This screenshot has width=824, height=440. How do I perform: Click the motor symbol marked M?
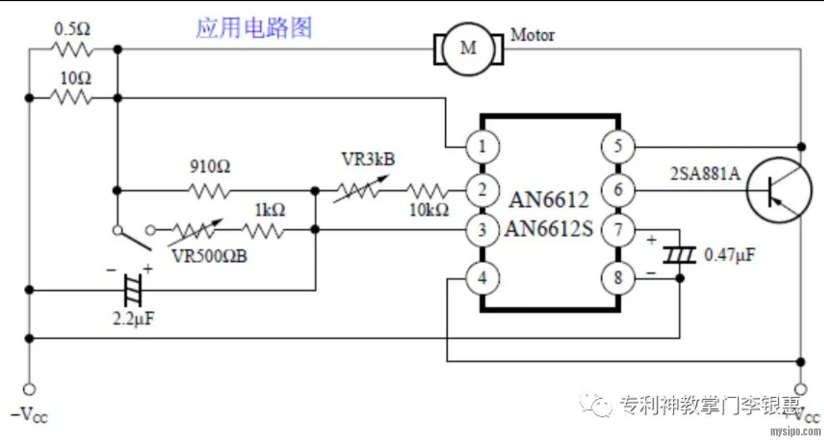[x=469, y=48]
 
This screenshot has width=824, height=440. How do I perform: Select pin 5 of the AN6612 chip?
[x=617, y=147]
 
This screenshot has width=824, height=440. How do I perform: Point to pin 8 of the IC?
[x=617, y=279]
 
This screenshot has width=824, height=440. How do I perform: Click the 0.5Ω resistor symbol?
[x=73, y=49]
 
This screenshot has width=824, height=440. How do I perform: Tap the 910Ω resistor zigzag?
[x=209, y=190]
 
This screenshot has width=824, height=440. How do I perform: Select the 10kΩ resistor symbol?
[x=426, y=190]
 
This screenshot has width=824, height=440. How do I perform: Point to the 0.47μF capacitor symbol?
[x=679, y=256]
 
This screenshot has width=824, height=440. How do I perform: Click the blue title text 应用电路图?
[x=254, y=28]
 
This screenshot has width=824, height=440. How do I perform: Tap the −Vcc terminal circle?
[x=28, y=389]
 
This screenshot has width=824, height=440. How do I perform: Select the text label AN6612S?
[x=549, y=229]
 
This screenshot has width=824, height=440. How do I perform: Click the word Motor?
[x=532, y=35]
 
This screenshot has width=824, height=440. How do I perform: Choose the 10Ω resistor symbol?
[x=71, y=98]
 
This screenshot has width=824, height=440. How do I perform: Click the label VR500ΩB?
[x=209, y=255]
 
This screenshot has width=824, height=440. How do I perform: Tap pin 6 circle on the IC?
[x=617, y=190]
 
